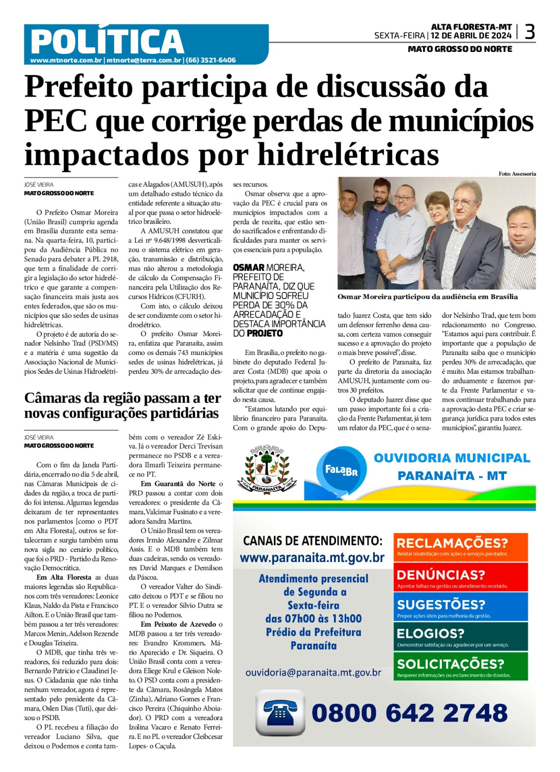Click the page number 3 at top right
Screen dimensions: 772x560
pyautogui.click(x=529, y=33)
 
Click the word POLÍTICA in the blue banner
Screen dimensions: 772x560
pyautogui.click(x=107, y=42)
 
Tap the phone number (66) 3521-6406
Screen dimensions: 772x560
pyautogui.click(x=211, y=60)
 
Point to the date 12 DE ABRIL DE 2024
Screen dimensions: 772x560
pyautogui.click(x=471, y=36)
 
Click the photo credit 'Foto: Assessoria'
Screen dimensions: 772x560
pyautogui.click(x=517, y=174)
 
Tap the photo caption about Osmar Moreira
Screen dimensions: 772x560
pyautogui.click(x=427, y=297)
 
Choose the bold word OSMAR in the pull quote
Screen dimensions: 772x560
pyautogui.click(x=248, y=268)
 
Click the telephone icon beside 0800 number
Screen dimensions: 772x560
pyautogui.click(x=280, y=712)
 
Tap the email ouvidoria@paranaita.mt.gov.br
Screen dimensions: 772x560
pyautogui.click(x=313, y=672)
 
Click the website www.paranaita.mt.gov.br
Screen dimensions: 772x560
pyautogui.click(x=312, y=558)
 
